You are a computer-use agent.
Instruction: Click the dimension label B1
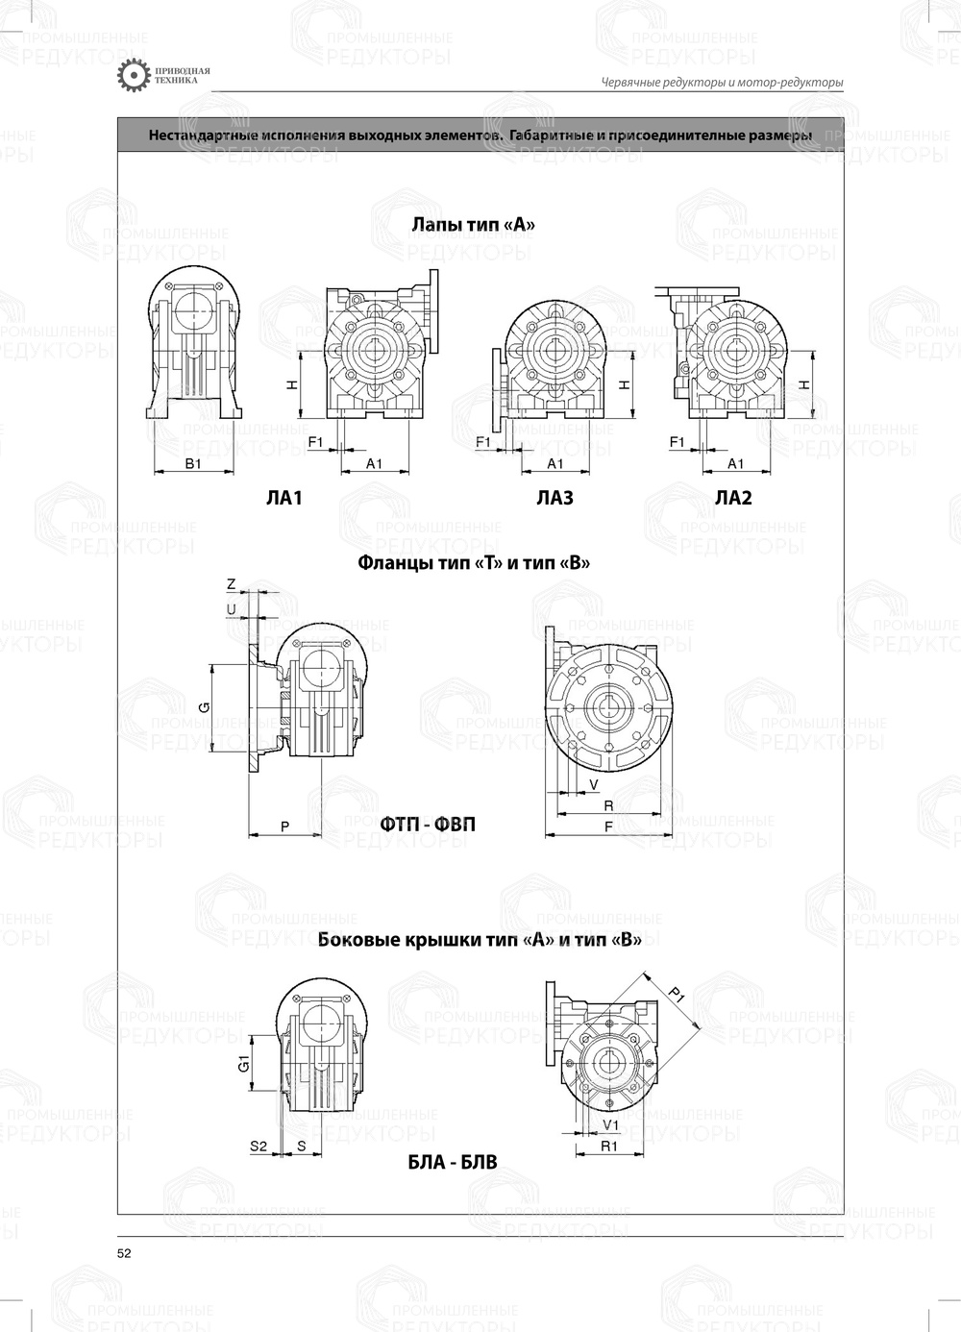point(192,463)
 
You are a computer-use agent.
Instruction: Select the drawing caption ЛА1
point(284,498)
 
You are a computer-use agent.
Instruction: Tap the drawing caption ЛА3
point(554,498)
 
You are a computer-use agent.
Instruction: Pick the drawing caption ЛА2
point(733,498)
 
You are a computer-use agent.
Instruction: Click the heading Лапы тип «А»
point(473,225)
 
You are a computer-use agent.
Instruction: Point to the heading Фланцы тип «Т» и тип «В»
point(473,562)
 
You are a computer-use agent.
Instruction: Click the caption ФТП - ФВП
point(427,825)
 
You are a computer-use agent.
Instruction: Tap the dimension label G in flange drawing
point(204,707)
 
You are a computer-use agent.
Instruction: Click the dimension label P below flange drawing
point(284,826)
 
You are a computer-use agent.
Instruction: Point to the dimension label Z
point(231,584)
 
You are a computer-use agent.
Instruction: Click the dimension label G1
point(244,1063)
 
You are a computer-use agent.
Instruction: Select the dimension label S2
point(259,1146)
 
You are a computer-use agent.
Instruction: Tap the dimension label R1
point(608,1147)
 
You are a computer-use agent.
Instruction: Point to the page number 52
point(124,1253)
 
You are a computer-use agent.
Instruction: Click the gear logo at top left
point(133,77)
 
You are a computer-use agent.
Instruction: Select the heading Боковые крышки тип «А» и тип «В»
point(480,940)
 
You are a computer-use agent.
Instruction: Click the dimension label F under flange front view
point(608,826)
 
